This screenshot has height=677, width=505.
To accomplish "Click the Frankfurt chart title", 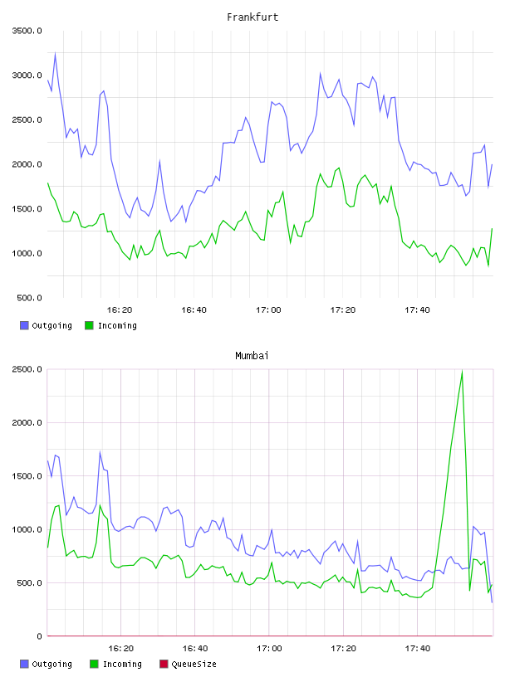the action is [x=252, y=17].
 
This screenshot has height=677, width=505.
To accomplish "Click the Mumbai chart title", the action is [x=252, y=355].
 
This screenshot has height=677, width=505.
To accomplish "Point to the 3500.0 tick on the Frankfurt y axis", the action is [x=27, y=31].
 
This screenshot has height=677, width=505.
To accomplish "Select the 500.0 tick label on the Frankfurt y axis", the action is [x=29, y=298].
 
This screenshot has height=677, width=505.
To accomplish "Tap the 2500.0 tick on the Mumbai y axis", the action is [x=27, y=369].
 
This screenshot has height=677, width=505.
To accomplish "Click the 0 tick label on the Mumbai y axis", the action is [x=39, y=636].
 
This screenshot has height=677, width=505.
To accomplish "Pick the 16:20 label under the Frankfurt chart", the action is [x=120, y=309].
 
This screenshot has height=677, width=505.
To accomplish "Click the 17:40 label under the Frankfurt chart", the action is [x=417, y=309].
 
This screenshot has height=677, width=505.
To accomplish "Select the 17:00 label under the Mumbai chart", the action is [x=269, y=648].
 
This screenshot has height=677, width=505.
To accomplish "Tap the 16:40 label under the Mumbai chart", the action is [x=195, y=648].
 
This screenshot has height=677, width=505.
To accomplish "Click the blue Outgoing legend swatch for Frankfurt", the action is [x=24, y=325].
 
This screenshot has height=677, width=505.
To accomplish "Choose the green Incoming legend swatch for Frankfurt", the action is [x=89, y=325].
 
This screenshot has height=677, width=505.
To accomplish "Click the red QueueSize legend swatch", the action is [x=164, y=664].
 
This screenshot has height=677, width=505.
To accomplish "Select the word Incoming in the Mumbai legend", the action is [x=122, y=664].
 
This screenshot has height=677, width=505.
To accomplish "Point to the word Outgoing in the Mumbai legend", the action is [x=51, y=664].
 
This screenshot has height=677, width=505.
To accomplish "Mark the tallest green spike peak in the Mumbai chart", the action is [x=462, y=371].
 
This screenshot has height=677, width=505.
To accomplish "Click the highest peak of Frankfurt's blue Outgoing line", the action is [x=55, y=54].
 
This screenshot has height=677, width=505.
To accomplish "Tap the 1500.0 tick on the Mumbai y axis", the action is [x=27, y=475].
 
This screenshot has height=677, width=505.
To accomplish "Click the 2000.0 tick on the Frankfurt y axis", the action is [x=27, y=164].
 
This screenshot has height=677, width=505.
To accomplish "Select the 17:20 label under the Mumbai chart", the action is [x=343, y=648].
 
